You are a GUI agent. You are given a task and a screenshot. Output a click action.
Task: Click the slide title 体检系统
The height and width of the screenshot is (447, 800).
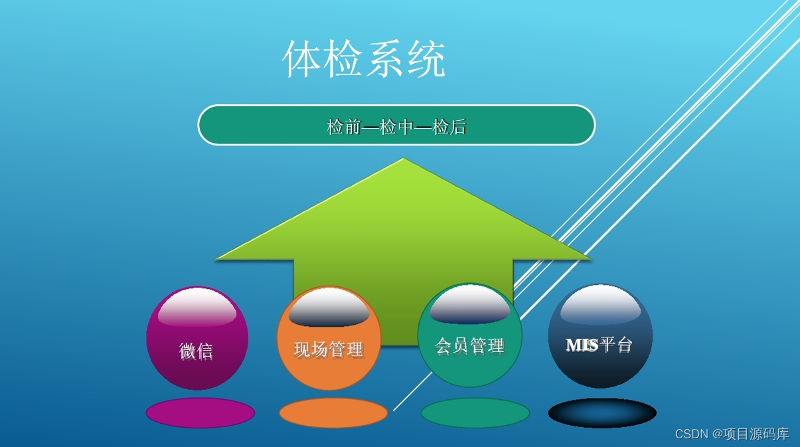[x=364, y=60]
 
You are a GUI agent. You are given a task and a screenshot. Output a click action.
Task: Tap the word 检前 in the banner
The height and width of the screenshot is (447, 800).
[x=344, y=127]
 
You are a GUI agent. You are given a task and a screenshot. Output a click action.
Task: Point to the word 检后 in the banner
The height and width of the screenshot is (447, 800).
[x=449, y=127]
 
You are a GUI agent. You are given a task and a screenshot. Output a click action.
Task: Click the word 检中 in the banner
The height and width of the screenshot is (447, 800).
[x=397, y=127]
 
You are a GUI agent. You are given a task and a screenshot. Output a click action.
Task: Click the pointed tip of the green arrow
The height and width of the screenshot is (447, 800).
[x=403, y=160]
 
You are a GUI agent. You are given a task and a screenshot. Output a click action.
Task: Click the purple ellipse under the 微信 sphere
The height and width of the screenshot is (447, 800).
[x=200, y=412]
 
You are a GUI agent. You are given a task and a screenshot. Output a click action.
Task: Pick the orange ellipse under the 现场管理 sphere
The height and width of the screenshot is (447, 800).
[x=333, y=412]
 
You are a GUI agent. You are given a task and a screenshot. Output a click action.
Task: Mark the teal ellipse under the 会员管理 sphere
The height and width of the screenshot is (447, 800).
[x=475, y=412]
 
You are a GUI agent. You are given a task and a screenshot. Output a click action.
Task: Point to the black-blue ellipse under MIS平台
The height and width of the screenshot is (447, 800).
[x=602, y=412]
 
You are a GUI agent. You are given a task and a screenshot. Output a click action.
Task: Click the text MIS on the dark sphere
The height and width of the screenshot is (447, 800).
[x=582, y=345]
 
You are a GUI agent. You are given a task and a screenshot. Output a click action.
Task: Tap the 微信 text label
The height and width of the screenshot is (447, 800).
[x=196, y=350]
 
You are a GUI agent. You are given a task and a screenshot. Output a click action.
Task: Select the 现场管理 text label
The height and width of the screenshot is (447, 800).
[x=329, y=349]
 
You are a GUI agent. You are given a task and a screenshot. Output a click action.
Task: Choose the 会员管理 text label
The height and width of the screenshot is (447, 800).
[x=469, y=346]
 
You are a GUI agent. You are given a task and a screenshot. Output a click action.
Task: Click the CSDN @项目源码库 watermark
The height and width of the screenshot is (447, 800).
[x=732, y=434]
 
